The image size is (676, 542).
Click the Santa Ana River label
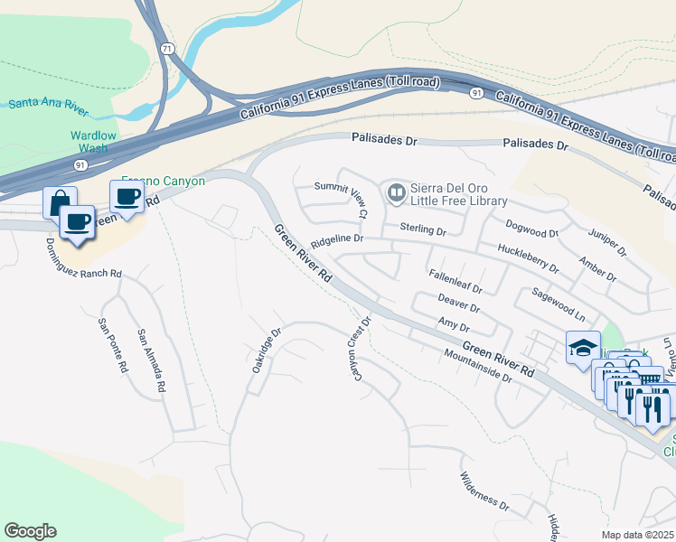coord(47,104)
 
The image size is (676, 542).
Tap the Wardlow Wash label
coord(94,142)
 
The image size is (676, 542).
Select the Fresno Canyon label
coord(164,182)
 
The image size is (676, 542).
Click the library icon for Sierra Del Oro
coord(396,192)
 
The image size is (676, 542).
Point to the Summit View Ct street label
coord(340,199)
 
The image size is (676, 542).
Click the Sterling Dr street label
coord(423,232)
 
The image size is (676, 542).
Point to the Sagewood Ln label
coord(558,306)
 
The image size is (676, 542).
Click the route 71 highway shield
coord(165,46)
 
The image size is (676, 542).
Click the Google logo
coord(30,531)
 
